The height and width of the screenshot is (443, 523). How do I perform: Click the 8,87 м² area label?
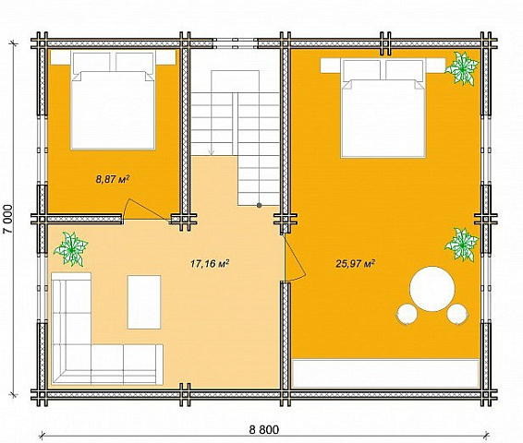(x=113, y=180)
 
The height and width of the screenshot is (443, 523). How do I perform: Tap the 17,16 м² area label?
(x=210, y=264)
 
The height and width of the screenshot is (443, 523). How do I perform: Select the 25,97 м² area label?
(x=355, y=264)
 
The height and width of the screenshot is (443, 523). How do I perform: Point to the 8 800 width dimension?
(x=264, y=430)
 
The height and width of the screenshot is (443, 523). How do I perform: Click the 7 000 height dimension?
(x=8, y=219)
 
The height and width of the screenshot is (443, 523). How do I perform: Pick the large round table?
(x=432, y=289)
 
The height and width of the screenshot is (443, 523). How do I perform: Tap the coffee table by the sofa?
(x=144, y=302)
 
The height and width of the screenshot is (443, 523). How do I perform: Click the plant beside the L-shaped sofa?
(x=71, y=249)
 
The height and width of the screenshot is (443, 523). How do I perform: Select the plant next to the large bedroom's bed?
(x=462, y=68)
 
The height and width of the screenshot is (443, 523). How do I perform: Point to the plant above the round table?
(x=462, y=245)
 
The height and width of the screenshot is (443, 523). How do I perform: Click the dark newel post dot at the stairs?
(x=259, y=205)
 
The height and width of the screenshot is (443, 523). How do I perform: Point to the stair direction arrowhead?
(x=211, y=152)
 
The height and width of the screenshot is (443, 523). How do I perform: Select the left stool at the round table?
(x=407, y=314)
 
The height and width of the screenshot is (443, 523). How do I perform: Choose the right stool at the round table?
(x=457, y=314)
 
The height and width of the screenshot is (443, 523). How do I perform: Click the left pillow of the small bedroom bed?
(x=91, y=62)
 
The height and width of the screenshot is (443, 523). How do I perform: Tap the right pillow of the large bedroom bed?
(x=404, y=69)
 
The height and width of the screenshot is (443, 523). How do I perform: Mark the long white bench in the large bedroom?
(x=385, y=374)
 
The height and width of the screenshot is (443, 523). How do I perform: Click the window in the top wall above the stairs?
(x=236, y=43)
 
